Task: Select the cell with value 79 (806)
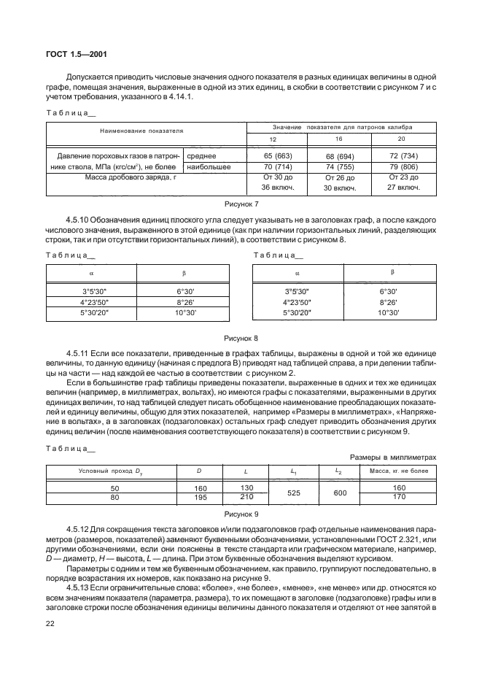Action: click(x=402, y=167)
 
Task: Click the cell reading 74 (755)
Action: click(x=339, y=167)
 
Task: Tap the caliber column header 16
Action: click(x=339, y=139)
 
